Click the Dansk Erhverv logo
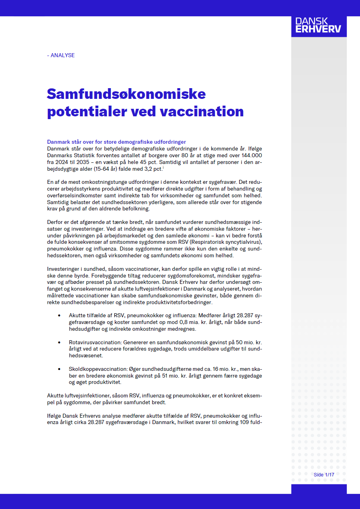pyautogui.click(x=319, y=25)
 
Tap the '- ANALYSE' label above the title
pyautogui.click(x=61, y=55)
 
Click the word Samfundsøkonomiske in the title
pyautogui.click(x=126, y=94)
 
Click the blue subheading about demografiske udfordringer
pyautogui.click(x=116, y=142)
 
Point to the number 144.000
pyautogui.click(x=250, y=155)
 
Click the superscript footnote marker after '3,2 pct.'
pyautogui.click(x=163, y=167)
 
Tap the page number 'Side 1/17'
pyautogui.click(x=324, y=475)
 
